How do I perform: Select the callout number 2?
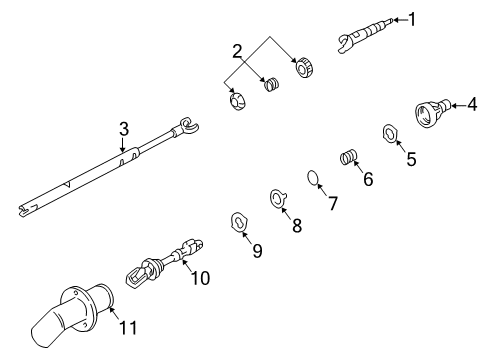coord(236,51)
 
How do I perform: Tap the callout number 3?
coord(123,128)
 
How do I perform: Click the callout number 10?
coord(201,279)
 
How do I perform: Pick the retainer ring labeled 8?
coord(276,198)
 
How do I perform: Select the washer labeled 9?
coord(240,220)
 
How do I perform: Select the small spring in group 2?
coord(269,87)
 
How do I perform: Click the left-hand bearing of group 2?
coord(237,101)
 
